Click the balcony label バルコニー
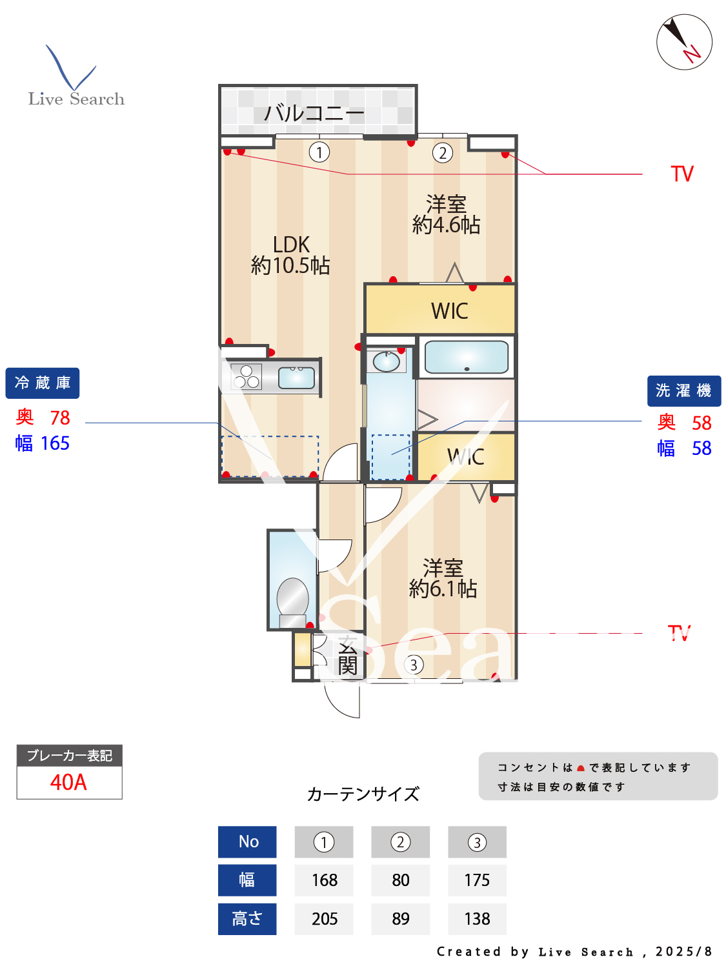[314, 114]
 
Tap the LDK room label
[291, 245]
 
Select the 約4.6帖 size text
[446, 225]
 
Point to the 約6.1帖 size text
[443, 589]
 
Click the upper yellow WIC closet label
[449, 311]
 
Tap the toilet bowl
[292, 597]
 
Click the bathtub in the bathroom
[466, 357]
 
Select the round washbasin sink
[387, 361]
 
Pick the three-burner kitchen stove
[246, 376]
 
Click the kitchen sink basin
[296, 378]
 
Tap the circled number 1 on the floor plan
[319, 152]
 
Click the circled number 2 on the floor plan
[442, 153]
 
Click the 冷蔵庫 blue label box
[43, 383]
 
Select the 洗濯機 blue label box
[683, 391]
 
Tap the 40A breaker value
[68, 782]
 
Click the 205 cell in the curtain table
[324, 918]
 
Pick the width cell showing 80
[400, 880]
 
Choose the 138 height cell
[477, 918]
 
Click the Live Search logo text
[76, 99]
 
